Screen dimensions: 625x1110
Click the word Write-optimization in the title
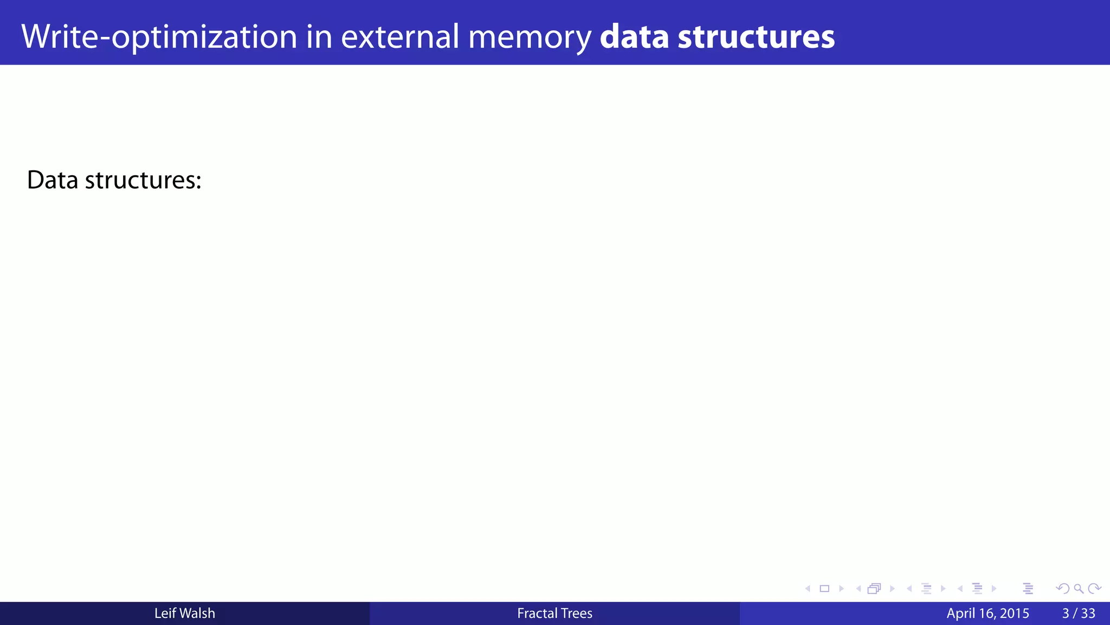pos(159,37)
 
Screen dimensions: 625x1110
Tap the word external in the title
pos(400,37)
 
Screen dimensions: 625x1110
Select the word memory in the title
pos(530,37)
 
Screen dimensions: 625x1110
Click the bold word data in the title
pos(634,37)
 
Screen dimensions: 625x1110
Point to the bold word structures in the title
pos(756,37)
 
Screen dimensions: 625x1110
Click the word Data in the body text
pos(53,180)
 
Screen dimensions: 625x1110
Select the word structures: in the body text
pos(143,180)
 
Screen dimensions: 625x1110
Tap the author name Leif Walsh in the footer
pos(185,613)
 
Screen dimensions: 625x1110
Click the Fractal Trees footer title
pos(554,613)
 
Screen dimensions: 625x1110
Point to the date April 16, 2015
pos(988,613)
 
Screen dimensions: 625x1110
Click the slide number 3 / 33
pos(1079,613)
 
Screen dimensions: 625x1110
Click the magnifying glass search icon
pos(1079,589)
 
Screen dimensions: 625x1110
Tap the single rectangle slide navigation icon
pos(824,589)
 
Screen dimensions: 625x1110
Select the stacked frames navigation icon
pos(874,589)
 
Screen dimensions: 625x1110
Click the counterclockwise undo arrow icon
pos(1063,589)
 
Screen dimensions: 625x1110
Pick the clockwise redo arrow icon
pos(1094,589)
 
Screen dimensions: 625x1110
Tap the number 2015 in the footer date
pos(1015,613)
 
